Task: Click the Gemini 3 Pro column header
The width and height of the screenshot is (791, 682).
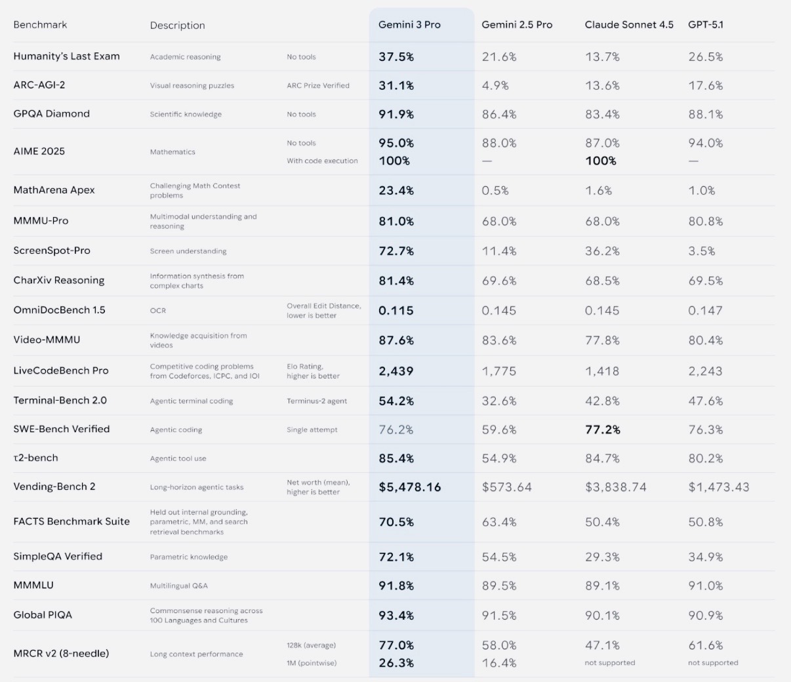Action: (409, 25)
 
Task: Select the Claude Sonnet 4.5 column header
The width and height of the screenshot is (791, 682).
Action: (629, 25)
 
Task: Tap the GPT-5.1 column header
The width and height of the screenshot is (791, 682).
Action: (706, 25)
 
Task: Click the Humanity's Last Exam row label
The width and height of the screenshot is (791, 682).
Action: (66, 56)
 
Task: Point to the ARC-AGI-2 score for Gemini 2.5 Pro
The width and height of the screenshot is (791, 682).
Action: (496, 86)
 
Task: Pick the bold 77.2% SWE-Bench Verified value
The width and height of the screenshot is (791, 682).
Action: (602, 430)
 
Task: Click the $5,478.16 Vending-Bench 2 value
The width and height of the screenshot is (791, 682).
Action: (409, 487)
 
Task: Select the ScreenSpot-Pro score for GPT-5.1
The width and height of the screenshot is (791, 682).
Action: (702, 251)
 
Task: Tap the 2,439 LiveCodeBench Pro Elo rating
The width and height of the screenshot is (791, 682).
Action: (395, 371)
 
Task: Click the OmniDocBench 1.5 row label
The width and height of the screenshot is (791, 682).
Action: (59, 310)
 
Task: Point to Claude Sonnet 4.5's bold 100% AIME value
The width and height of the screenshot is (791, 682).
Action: (601, 161)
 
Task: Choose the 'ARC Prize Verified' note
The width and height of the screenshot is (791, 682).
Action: (318, 86)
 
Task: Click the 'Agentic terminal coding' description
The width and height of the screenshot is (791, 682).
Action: (192, 401)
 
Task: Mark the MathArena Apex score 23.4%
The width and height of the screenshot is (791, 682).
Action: (396, 191)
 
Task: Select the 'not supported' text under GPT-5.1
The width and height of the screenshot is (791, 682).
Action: (713, 663)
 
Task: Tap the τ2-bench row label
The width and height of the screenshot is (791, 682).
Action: (35, 458)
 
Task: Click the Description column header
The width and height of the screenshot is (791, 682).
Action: (177, 26)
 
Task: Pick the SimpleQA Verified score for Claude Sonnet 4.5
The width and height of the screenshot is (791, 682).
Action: (602, 557)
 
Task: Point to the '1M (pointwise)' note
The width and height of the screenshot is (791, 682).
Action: (312, 663)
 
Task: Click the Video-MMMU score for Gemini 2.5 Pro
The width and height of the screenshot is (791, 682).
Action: (499, 341)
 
